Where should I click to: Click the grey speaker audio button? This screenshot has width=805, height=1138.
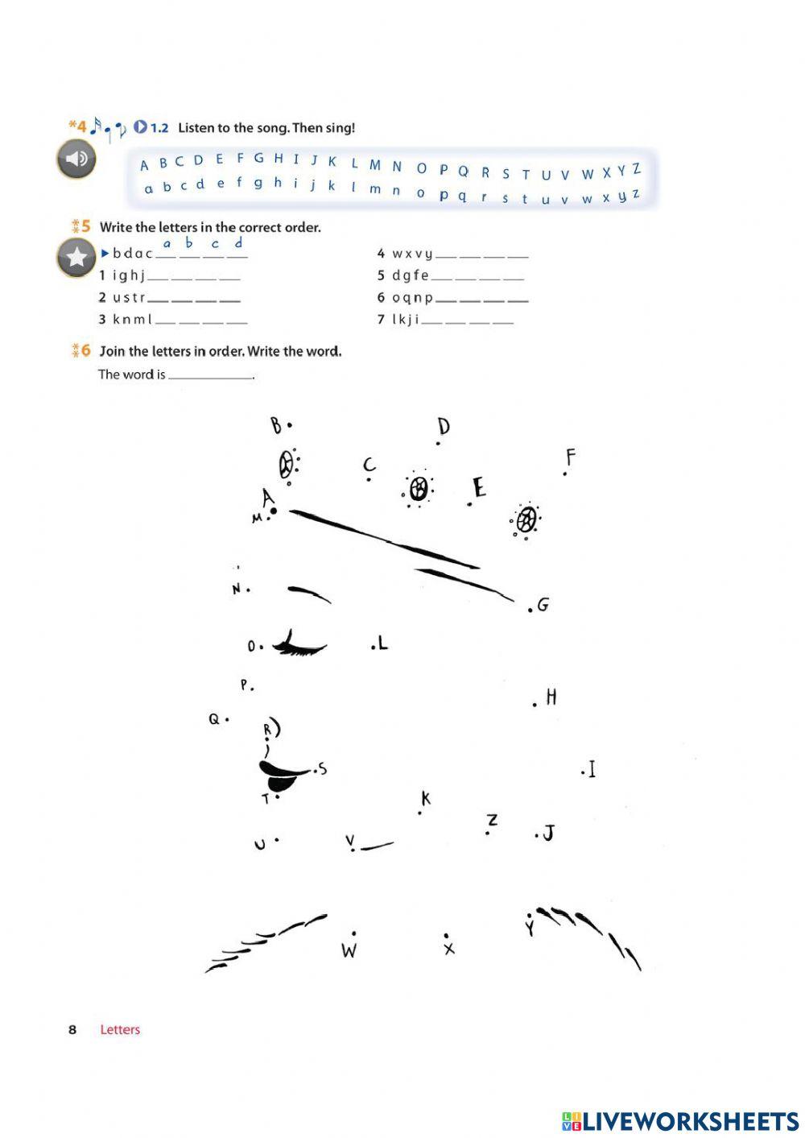tap(76, 159)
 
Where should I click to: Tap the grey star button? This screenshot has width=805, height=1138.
tap(76, 258)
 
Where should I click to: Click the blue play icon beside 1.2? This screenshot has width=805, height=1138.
tap(141, 127)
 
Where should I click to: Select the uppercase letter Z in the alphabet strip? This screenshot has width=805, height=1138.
tap(636, 169)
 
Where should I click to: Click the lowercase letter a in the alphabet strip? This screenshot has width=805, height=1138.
tap(148, 189)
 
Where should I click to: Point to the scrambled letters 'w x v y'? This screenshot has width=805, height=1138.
tap(411, 254)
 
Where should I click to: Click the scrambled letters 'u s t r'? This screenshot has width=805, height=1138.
tap(129, 298)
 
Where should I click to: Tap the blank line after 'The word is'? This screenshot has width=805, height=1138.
tap(211, 375)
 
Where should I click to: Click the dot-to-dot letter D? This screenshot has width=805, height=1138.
tap(443, 426)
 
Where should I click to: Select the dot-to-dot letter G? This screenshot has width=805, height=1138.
tap(543, 605)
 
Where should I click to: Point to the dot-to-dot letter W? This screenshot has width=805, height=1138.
tap(349, 950)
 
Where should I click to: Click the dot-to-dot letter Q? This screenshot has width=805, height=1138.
tap(214, 719)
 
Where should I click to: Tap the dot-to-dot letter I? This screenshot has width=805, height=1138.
tap(592, 770)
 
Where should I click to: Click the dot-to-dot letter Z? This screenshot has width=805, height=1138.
tap(492, 820)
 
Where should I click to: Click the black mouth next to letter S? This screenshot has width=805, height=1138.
tap(281, 776)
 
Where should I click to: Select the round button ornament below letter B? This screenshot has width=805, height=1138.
tap(286, 465)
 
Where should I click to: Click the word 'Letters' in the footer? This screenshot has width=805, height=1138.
tap(120, 1029)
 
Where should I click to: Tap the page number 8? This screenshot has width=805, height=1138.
tap(72, 1029)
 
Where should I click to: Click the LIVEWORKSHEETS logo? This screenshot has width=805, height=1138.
tap(680, 1121)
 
